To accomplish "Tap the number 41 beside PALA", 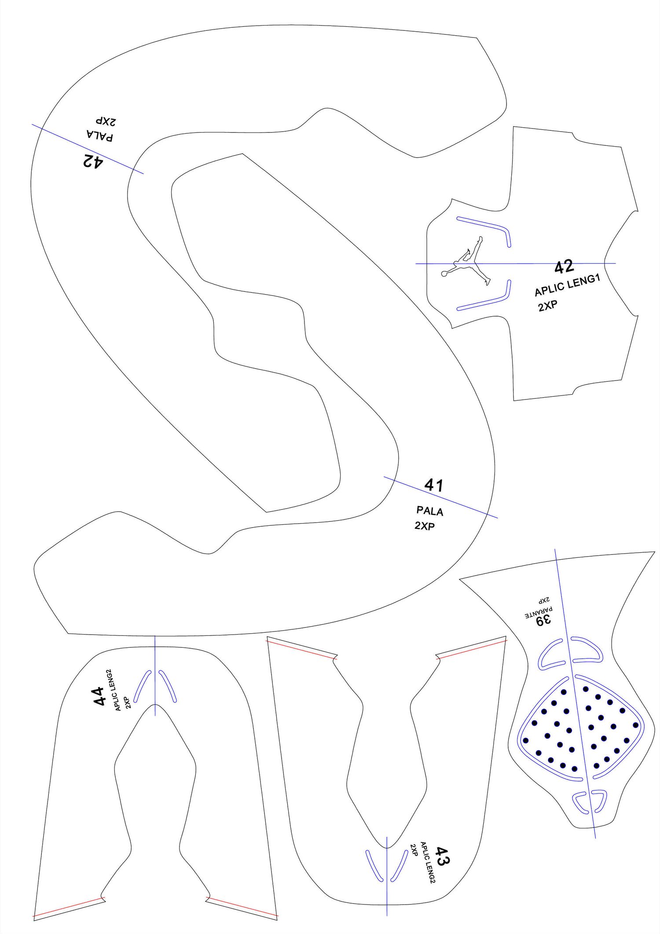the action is [434, 485].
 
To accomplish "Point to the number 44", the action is [99, 696].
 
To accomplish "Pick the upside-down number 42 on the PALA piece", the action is [92, 162].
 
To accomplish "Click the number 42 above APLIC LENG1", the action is [564, 267].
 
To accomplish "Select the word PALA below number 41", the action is [430, 511].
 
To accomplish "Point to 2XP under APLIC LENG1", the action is [548, 306].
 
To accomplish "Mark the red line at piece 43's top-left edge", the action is [302, 650].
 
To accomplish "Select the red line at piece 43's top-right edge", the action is [472, 649].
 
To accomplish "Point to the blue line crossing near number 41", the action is [441, 497].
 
